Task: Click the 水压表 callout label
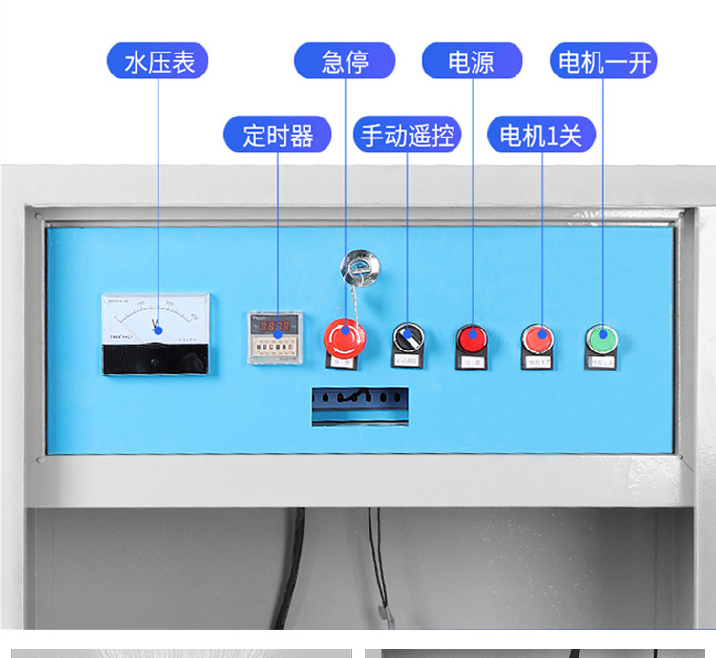coord(158,63)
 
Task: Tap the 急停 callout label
coord(345,63)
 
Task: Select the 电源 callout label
coord(472,63)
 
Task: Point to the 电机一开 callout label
coord(603,63)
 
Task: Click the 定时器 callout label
coord(277,135)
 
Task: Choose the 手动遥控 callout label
coord(408,135)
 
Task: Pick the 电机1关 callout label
coord(541,135)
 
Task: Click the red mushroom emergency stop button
coord(344,336)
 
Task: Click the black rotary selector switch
coord(408,337)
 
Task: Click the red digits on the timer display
coord(276,326)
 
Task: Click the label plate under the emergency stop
coord(343,363)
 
